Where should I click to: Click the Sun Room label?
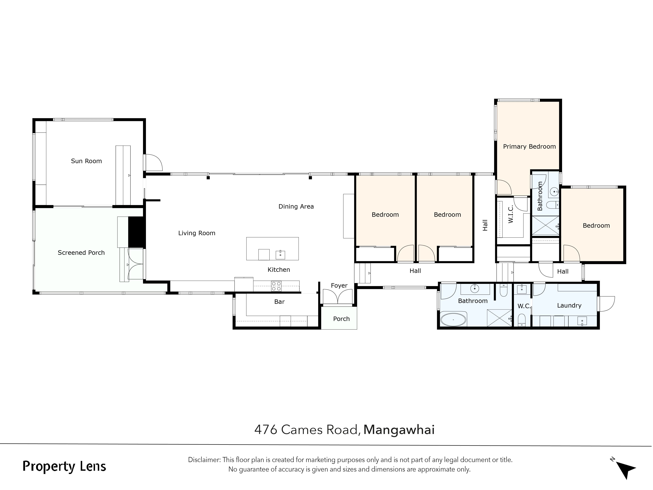click(x=86, y=161)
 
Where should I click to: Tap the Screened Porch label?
click(x=81, y=253)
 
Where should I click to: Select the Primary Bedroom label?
click(x=529, y=147)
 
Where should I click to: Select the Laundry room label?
click(x=569, y=305)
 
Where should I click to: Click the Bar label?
click(x=279, y=302)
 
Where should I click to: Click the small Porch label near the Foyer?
click(x=341, y=319)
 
